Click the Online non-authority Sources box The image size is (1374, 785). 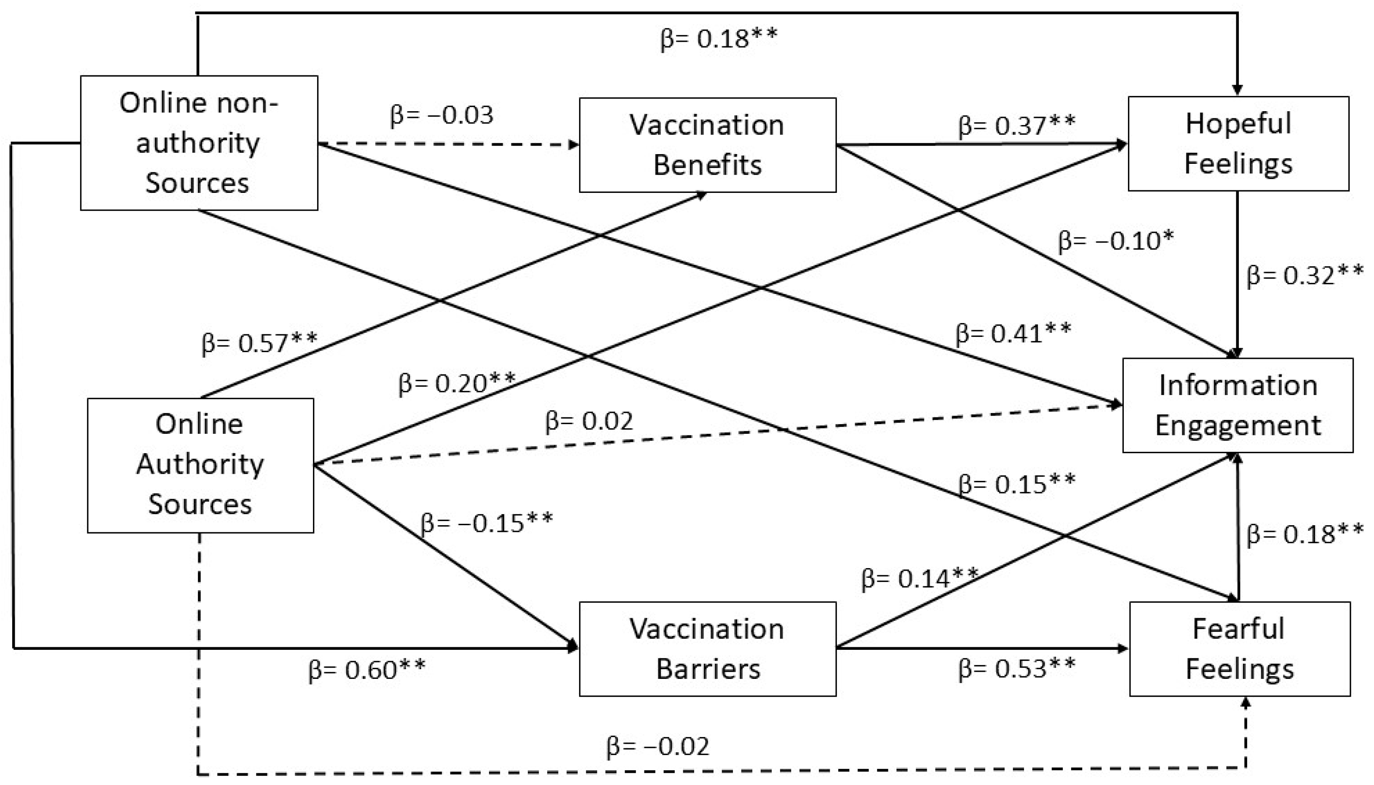click(199, 143)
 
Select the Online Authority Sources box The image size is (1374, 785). click(200, 465)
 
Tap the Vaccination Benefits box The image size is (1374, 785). click(708, 144)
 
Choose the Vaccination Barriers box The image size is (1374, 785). click(708, 649)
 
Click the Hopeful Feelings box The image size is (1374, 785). click(1238, 144)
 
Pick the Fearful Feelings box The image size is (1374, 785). click(1239, 649)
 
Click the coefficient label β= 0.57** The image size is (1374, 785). click(259, 342)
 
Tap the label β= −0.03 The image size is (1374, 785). click(441, 115)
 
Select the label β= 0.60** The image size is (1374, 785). click(367, 670)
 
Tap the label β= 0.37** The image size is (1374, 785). click(1016, 125)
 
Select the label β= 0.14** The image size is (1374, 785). click(920, 579)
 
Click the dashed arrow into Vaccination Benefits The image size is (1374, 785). click(448, 144)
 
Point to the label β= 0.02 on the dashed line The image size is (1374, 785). click(589, 421)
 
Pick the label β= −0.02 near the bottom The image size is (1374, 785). click(658, 747)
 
